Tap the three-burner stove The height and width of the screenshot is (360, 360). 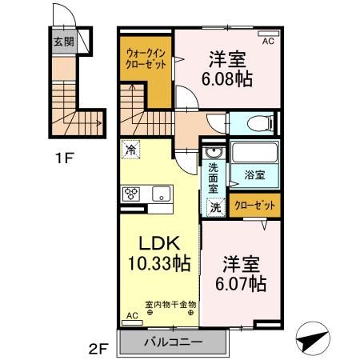(132, 194)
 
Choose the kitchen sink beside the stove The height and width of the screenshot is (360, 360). (162, 194)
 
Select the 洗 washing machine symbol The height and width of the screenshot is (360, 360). (215, 206)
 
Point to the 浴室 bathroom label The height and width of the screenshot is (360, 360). (255, 172)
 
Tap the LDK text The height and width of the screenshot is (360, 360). (158, 242)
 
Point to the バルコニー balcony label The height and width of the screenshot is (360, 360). (174, 342)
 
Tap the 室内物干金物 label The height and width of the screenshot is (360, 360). (170, 304)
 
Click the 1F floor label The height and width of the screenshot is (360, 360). (65, 157)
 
